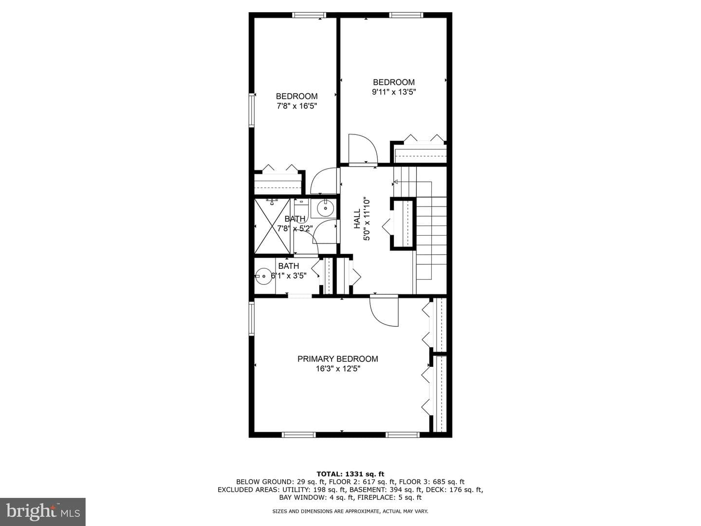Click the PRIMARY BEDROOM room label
(337, 359)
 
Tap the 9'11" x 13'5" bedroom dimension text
(394, 92)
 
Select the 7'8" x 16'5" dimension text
(296, 106)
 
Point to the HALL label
(357, 219)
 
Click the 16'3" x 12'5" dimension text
(338, 369)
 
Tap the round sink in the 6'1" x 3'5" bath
(264, 276)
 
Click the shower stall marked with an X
(273, 226)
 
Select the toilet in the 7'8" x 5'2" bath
(301, 209)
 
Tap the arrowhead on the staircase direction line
(395, 182)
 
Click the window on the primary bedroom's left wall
(252, 319)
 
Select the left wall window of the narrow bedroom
(252, 110)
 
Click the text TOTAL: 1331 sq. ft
(350, 474)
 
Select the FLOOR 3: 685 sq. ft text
(432, 482)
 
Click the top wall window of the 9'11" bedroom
(406, 15)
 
